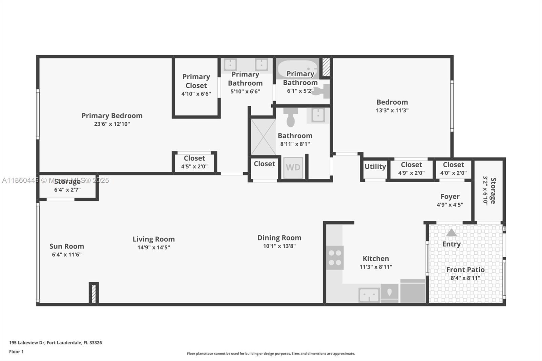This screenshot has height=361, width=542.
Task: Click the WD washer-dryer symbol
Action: coord(293,167)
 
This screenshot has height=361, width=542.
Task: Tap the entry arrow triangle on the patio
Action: coord(451,233)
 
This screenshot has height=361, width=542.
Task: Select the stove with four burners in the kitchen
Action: coord(335,258)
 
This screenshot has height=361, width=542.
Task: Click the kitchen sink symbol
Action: coord(369,295)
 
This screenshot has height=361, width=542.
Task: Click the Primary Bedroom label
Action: coord(112,116)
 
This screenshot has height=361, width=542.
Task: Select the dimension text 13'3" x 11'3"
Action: coord(392,110)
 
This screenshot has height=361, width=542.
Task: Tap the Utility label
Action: coord(375,167)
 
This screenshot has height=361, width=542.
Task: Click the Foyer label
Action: coord(450,197)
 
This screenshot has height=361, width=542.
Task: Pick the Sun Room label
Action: coord(67,247)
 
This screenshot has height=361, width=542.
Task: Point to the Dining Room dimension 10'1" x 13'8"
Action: coord(279,246)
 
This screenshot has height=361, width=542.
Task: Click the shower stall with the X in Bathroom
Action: coord(263,137)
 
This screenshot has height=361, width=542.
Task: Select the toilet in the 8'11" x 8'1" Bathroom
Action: coord(291,117)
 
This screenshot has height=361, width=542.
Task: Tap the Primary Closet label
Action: coord(196,81)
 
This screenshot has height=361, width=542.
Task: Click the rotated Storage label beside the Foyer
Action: coord(493,191)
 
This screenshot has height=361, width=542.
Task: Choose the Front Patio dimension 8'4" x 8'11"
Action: coord(465,278)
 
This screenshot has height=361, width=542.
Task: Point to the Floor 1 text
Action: coord(16,352)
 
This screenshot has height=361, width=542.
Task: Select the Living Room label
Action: coord(153,239)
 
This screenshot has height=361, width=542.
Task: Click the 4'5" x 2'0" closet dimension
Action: coord(194,167)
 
